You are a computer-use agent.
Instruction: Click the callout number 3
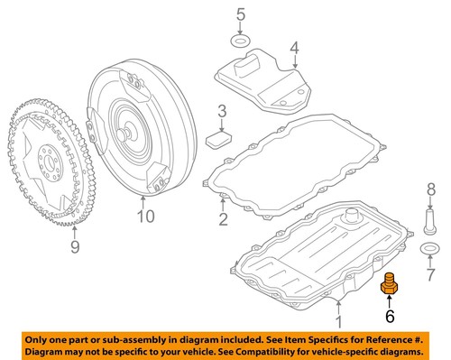[x=221, y=112]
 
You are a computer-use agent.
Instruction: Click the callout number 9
[x=74, y=247]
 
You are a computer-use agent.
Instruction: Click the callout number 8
[x=430, y=189]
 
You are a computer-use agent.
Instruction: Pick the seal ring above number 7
[x=429, y=248]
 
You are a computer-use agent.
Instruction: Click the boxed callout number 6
[x=390, y=316]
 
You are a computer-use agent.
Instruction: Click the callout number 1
[x=338, y=320]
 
